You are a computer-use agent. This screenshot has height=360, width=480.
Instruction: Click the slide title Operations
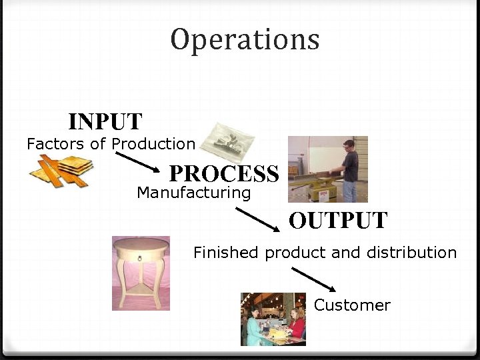tap(245, 39)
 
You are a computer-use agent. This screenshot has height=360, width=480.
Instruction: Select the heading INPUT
tap(105, 122)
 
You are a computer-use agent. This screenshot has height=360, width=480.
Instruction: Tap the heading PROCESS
tap(224, 174)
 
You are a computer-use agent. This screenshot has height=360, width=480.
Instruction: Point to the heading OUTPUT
tap(338, 221)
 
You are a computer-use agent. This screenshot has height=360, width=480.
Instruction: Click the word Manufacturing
tap(193, 193)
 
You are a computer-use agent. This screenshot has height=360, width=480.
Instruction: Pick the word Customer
tap(352, 305)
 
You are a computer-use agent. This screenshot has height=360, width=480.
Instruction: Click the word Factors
tap(55, 144)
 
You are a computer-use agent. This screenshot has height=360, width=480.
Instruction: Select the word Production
tap(153, 144)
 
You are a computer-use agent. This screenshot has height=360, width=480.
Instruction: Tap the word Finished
tap(225, 253)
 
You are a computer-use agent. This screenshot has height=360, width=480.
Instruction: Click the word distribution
tap(416, 253)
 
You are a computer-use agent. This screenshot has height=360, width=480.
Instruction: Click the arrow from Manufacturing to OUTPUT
tap(258, 219)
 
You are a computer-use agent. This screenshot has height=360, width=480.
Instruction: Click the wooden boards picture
tap(61, 171)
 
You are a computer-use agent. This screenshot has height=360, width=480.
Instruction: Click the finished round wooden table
tap(141, 273)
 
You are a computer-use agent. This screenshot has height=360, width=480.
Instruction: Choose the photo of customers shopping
tap(273, 319)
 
